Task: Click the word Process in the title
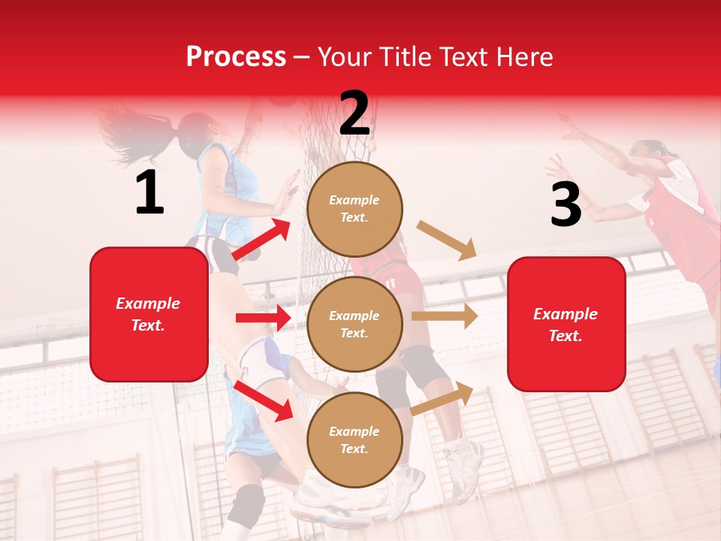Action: pos(236,56)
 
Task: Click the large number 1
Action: pos(149,193)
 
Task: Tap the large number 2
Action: pos(354,113)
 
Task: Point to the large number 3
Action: pos(566,204)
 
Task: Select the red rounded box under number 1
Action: pos(149,314)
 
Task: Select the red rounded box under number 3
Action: pos(566,324)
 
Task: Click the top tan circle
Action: pos(354,209)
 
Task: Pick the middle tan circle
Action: pos(354,324)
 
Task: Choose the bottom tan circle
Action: pos(354,440)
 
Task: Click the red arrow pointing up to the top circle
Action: pos(262,240)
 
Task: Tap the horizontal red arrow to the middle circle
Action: pos(262,318)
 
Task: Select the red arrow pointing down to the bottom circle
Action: pos(264,400)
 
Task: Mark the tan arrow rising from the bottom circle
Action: pos(442,398)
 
